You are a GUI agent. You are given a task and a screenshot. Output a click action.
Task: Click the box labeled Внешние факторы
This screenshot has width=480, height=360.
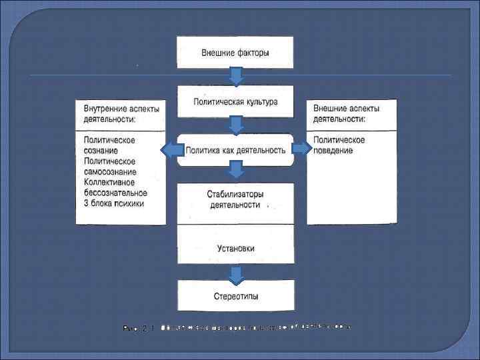click(x=235, y=52)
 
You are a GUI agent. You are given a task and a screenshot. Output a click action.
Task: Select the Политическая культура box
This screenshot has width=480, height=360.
click(x=235, y=102)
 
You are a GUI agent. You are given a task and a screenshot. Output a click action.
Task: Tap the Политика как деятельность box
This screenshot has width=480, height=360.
click(x=235, y=150)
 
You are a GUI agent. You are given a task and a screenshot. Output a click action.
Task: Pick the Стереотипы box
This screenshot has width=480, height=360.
click(x=235, y=295)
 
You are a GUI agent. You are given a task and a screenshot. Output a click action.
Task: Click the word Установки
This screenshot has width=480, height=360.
click(x=235, y=249)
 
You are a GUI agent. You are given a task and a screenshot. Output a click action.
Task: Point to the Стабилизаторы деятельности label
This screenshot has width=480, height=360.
click(x=235, y=199)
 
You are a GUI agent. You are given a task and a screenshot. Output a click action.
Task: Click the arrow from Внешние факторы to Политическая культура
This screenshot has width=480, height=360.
click(x=235, y=75)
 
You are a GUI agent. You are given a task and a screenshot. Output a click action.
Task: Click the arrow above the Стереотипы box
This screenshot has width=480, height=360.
click(x=235, y=273)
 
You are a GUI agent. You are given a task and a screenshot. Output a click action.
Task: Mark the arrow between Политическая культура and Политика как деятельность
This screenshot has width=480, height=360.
click(x=235, y=124)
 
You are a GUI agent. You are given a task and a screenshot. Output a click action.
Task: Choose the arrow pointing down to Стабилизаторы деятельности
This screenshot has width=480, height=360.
click(x=235, y=172)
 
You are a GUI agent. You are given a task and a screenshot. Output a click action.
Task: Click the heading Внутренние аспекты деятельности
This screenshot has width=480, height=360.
click(x=120, y=114)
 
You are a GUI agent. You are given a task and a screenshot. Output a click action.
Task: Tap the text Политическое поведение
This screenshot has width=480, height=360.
click(x=339, y=145)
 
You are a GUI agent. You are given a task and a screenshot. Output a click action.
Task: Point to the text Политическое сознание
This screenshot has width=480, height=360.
click(x=110, y=145)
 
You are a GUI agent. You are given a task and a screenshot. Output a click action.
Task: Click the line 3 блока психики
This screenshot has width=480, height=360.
click(x=114, y=203)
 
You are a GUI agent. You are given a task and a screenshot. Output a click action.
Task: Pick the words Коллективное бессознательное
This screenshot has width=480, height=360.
click(x=115, y=187)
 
